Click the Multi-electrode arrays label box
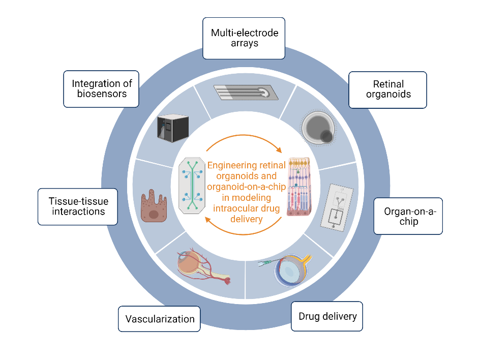(x=244, y=38)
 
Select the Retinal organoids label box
(x=387, y=89)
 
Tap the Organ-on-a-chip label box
(x=408, y=216)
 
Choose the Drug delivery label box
(x=327, y=316)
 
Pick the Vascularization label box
(x=159, y=319)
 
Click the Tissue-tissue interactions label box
(x=78, y=206)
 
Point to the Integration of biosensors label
(x=102, y=88)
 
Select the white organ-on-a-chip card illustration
(x=337, y=205)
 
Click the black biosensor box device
(x=173, y=129)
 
